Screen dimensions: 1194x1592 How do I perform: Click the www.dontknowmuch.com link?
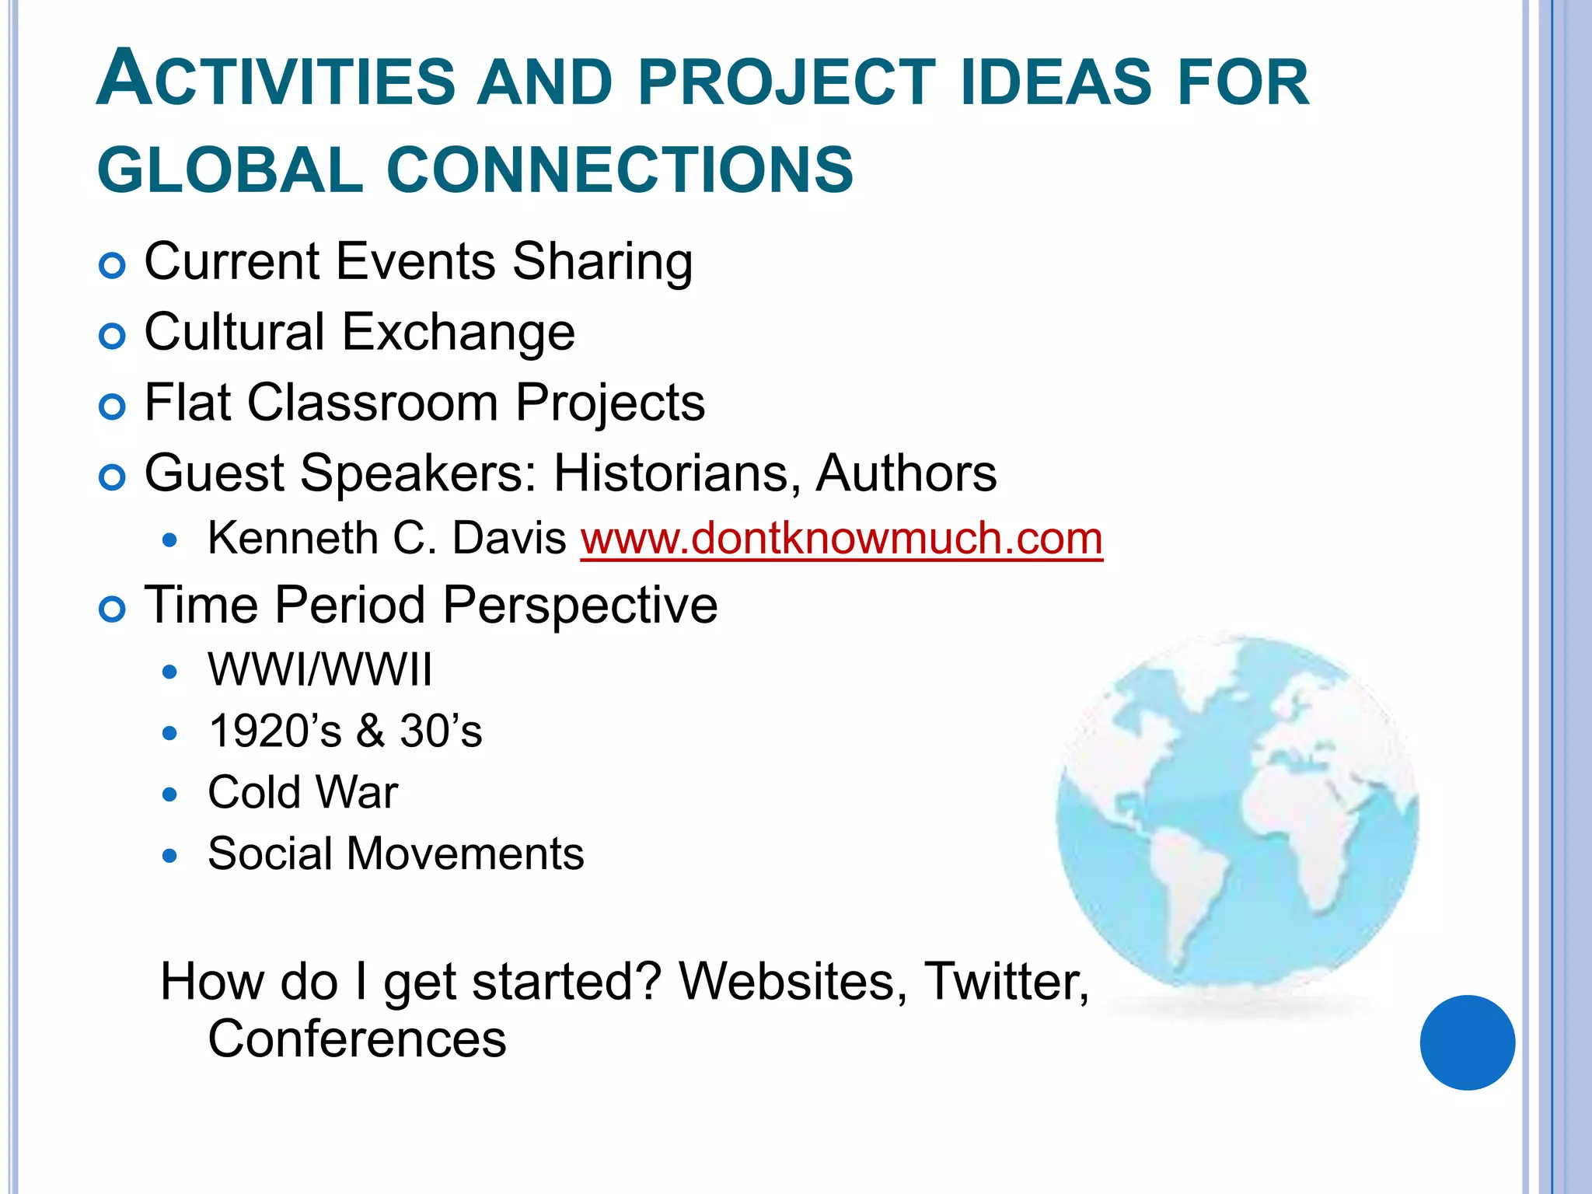tap(841, 539)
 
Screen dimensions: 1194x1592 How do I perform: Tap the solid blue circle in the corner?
tap(1467, 1042)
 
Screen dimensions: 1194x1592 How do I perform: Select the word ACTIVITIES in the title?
tap(276, 81)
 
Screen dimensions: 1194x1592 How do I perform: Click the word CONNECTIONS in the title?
tap(620, 169)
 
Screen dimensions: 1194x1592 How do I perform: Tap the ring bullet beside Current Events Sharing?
tap(113, 267)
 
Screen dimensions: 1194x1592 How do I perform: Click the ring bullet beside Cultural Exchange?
tap(113, 337)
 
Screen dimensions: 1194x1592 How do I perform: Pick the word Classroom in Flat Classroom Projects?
tap(372, 403)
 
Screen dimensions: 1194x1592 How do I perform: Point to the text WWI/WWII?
tap(319, 670)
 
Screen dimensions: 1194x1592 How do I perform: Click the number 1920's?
tap(275, 731)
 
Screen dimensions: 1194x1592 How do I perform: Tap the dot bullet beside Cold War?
tap(169, 794)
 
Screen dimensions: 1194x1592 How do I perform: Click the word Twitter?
tap(1006, 982)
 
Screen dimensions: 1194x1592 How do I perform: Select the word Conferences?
tap(357, 1039)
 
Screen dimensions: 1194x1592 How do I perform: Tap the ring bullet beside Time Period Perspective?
tap(113, 609)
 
